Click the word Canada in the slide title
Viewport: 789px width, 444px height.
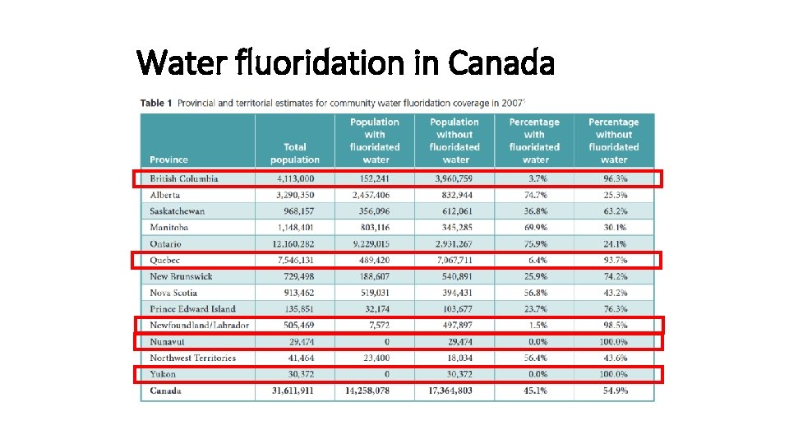501,62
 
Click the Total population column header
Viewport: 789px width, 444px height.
294,153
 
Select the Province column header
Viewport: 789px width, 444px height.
168,160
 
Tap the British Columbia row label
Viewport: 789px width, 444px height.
184,178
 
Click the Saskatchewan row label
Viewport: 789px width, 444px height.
178,211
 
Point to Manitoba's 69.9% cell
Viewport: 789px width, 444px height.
535,227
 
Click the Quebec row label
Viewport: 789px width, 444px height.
164,260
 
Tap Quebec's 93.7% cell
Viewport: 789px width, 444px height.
614,260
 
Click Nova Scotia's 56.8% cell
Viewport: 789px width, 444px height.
535,293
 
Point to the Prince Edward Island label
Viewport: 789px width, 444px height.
192,309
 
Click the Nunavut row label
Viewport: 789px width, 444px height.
167,341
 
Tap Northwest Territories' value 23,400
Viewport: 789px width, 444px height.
375,358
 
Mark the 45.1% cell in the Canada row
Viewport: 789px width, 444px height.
535,391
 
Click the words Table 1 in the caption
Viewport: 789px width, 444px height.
156,104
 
